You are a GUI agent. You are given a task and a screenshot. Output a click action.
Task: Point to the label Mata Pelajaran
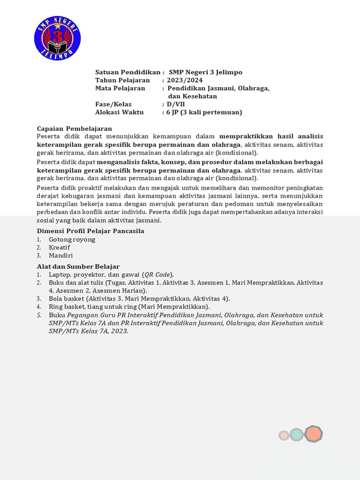120,88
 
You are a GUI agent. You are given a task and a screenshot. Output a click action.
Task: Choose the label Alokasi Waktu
122,112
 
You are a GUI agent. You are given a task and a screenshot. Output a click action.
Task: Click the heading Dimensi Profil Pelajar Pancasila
90,231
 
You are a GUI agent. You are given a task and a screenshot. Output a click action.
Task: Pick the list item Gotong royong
72,240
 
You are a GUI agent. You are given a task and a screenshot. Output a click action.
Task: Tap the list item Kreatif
59,247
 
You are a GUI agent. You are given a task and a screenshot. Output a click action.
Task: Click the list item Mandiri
60,255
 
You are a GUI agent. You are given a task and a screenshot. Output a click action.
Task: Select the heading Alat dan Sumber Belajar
78,266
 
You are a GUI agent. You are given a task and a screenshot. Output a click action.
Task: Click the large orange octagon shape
313,434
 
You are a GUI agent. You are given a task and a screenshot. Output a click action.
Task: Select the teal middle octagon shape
296,435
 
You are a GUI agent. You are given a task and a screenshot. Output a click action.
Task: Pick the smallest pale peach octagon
284,435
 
